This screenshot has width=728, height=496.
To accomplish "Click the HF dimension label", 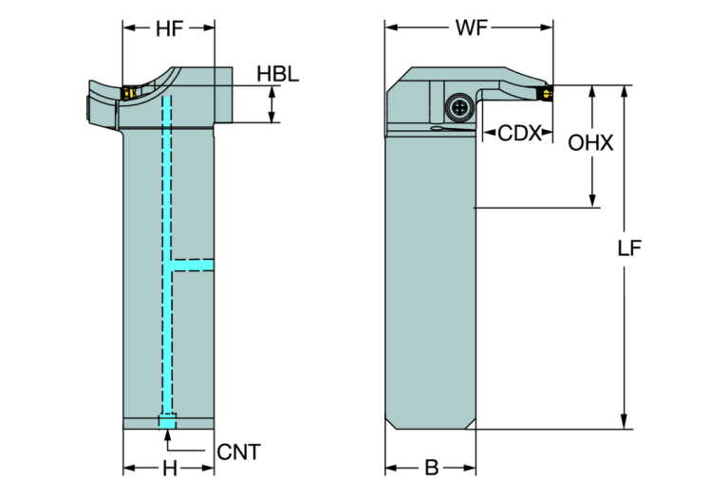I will click(x=170, y=28).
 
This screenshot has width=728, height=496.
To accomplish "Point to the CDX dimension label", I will click(x=519, y=134).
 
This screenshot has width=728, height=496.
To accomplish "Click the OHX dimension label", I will click(x=591, y=144).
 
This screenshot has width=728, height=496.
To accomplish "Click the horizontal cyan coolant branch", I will click(x=193, y=261).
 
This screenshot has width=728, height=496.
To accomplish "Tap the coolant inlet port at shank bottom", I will click(x=168, y=421).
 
